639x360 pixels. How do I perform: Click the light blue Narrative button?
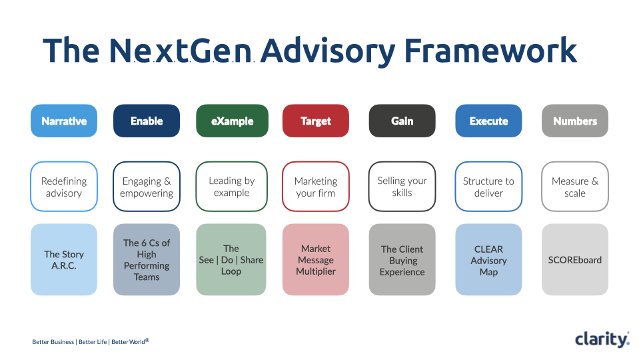[64, 121]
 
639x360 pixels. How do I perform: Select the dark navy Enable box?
[147, 121]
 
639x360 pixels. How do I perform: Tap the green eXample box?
[232, 121]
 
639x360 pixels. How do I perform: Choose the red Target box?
[316, 121]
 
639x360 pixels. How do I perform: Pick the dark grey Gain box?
[402, 121]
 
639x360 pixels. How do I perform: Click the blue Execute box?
[488, 121]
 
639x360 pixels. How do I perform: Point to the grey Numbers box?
[574, 121]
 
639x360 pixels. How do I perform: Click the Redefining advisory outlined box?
[64, 187]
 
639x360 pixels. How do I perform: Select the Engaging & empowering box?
[147, 187]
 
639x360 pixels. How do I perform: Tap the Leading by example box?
[232, 186]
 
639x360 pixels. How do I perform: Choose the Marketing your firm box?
[316, 187]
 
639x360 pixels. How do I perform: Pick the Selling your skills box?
[402, 186]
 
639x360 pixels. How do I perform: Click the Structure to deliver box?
[488, 187]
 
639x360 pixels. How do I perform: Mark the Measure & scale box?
[574, 187]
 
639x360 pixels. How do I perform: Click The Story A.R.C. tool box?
[64, 259]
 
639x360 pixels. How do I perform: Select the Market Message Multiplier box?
[316, 259]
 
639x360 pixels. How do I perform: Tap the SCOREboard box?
[574, 259]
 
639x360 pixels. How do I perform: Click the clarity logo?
[602, 339]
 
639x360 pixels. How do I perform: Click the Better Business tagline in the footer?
[53, 342]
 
